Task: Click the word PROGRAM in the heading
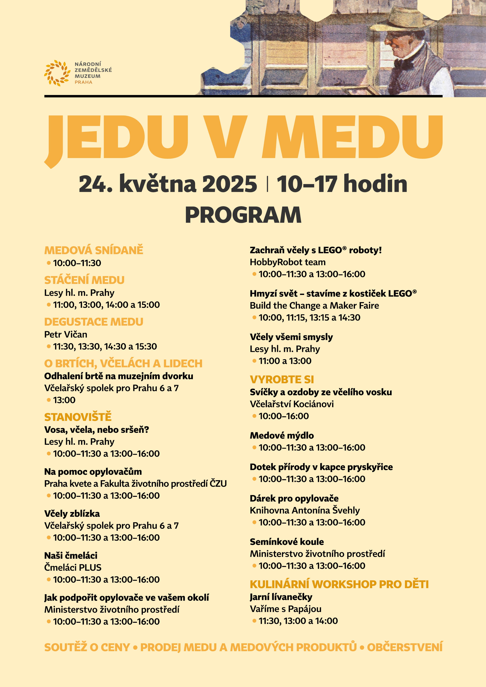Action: [x=243, y=215]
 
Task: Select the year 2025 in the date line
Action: [x=229, y=184]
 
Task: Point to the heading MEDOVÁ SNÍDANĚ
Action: [x=94, y=250]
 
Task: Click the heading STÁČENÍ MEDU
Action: [x=84, y=280]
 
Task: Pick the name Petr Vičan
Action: [x=66, y=334]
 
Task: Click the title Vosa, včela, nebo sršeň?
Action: [x=96, y=430]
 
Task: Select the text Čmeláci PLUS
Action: [x=73, y=567]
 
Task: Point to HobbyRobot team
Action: [x=287, y=262]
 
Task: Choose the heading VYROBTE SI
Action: [x=282, y=379]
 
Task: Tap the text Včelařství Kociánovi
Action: [x=292, y=404]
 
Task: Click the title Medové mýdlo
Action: [x=282, y=435]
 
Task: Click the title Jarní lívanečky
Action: [x=281, y=597]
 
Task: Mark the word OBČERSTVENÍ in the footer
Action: [x=404, y=647]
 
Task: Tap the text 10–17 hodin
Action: [x=342, y=184]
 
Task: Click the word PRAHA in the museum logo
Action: [x=83, y=82]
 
